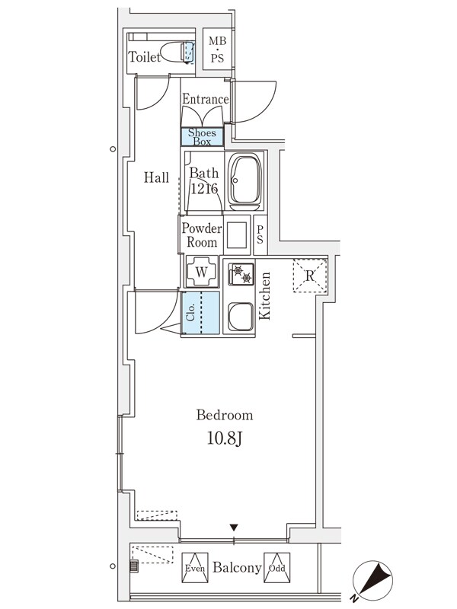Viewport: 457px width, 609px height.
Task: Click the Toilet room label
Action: (145, 57)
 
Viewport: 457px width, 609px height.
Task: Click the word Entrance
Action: (205, 99)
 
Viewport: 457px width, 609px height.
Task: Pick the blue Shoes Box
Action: (202, 137)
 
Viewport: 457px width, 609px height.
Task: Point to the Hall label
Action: (157, 177)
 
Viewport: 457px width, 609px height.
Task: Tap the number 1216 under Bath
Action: (204, 189)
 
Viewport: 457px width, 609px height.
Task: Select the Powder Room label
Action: (202, 235)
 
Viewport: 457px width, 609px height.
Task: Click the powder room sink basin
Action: (237, 234)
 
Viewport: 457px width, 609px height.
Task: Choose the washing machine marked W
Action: (202, 271)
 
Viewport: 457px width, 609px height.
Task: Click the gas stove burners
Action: (241, 273)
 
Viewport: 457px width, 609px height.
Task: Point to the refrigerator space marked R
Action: (310, 276)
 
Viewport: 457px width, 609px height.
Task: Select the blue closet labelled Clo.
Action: (202, 312)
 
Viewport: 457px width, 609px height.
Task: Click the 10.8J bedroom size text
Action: (224, 438)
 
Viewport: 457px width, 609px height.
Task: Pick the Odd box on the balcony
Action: (276, 567)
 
